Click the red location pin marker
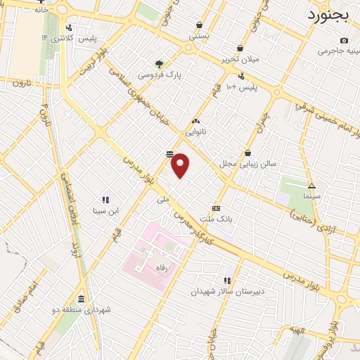point(181,166)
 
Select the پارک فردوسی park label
point(160,74)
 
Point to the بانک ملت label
point(216,219)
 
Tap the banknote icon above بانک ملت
point(216,208)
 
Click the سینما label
point(311,198)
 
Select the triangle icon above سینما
point(311,186)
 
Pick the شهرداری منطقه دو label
point(83,309)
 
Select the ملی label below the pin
point(164,200)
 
